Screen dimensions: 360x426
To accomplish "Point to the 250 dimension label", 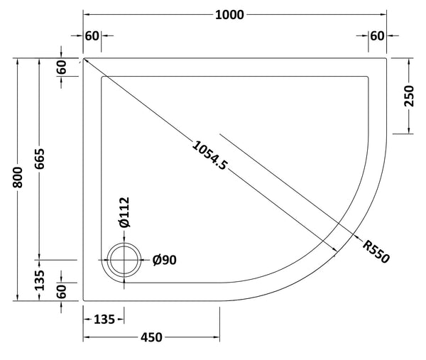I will coord(409,94).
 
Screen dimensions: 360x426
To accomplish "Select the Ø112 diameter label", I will coord(124,212).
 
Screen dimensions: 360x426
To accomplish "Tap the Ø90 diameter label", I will coord(164,260).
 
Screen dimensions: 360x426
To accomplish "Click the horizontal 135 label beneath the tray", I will coord(106,320).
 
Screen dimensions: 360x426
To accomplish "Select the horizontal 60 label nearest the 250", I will coord(377,36).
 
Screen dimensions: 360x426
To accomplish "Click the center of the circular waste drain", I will coord(126,260).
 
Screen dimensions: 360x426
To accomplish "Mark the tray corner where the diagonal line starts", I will coord(84,58).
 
